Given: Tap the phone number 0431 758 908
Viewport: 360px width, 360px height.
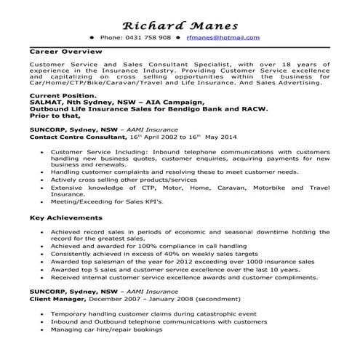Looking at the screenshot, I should (151, 37).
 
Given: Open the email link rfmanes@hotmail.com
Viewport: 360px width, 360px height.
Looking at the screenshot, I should (223, 37).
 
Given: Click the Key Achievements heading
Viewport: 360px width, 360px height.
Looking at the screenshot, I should (65, 217).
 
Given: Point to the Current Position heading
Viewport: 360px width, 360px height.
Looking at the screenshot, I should (63, 95).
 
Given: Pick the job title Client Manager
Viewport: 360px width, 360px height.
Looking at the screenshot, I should (57, 297).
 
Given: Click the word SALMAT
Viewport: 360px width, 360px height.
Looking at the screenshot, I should (47, 103).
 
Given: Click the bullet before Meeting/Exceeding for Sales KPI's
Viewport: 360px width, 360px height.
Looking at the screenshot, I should (44, 201).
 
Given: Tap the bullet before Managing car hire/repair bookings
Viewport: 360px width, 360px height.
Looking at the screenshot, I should (44, 329).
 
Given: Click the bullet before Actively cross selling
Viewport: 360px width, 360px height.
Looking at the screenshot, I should (44, 179).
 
